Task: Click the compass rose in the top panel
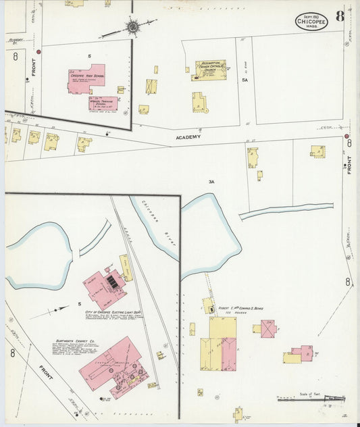pos(132,27)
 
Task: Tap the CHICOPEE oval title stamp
pos(311,21)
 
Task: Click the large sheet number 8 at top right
pos(339,16)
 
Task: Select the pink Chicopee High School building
pos(87,80)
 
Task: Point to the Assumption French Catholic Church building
pos(211,70)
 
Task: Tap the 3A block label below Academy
pos(211,182)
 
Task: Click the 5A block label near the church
pos(246,79)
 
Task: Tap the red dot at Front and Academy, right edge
pos(348,143)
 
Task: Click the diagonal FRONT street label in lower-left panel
pos(46,372)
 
